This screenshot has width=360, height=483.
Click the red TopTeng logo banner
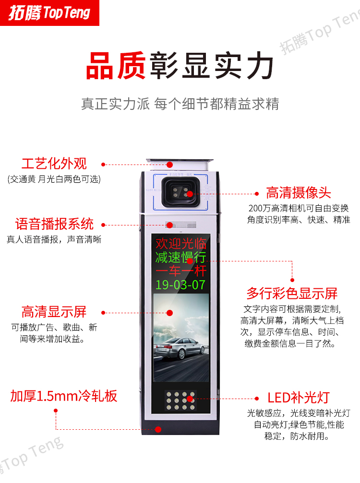49,13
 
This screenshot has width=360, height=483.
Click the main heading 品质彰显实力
180,66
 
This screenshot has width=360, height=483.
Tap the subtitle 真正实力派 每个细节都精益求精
180,104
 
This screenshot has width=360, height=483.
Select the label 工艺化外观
54,164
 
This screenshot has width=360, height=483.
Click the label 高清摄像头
299,193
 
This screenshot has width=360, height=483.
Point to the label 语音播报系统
54,224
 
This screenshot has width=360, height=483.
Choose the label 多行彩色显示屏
292,293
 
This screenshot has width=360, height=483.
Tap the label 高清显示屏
54,312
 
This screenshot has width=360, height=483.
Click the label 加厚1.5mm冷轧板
64,396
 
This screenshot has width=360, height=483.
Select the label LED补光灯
299,398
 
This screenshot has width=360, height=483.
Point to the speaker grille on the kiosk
181,225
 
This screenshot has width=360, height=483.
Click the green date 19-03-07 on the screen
180,284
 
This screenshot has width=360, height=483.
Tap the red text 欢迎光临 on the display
180,244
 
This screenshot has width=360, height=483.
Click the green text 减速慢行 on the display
180,257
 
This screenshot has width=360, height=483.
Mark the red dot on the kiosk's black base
158,429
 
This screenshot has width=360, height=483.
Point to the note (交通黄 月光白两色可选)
54,179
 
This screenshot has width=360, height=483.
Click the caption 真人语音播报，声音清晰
54,239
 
